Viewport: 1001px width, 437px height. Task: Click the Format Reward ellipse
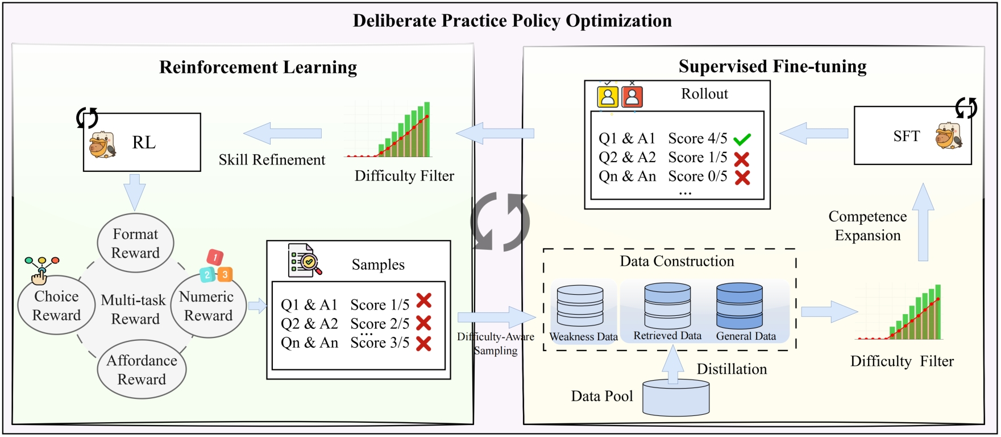tap(135, 243)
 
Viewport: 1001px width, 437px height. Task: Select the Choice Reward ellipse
tap(56, 306)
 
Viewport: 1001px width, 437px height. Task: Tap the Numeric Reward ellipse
tap(207, 306)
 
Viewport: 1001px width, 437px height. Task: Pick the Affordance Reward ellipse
tap(142, 369)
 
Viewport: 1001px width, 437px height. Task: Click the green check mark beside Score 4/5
tap(742, 139)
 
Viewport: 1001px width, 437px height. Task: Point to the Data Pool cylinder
tap(676, 398)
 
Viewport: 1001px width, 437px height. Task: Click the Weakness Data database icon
tap(580, 306)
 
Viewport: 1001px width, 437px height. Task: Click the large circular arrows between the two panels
tap(500, 221)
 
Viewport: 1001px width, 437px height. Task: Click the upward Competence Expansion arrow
tap(923, 222)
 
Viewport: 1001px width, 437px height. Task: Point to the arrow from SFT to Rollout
tap(814, 134)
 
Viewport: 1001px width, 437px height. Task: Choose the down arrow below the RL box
tap(135, 192)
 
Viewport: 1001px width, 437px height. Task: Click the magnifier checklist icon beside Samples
tap(304, 261)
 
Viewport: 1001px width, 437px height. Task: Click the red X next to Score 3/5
tap(423, 343)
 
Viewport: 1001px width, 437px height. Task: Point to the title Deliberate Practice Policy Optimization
tap(512, 21)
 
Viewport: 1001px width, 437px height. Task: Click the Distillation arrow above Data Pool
tap(674, 364)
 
